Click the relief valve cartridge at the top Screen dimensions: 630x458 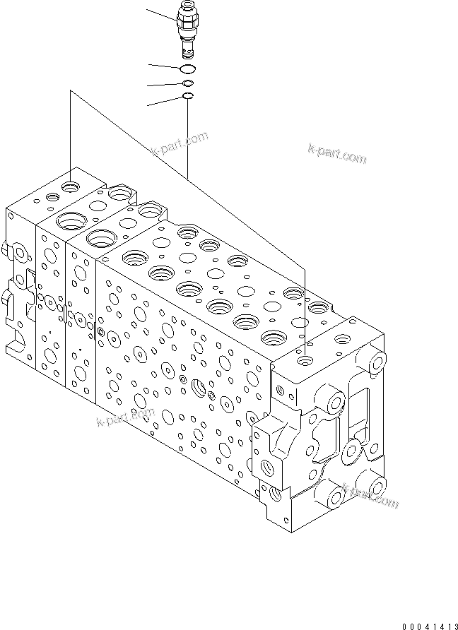coord(187,31)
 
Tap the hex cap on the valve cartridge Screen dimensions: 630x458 coord(187,12)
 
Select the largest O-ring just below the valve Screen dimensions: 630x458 coord(187,69)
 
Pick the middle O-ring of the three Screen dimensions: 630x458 coord(187,83)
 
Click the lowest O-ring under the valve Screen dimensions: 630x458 coord(187,96)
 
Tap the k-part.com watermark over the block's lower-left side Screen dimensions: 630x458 coord(125,420)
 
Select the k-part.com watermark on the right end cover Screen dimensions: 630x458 coord(370,497)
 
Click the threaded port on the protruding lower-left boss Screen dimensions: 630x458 coord(269,467)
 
